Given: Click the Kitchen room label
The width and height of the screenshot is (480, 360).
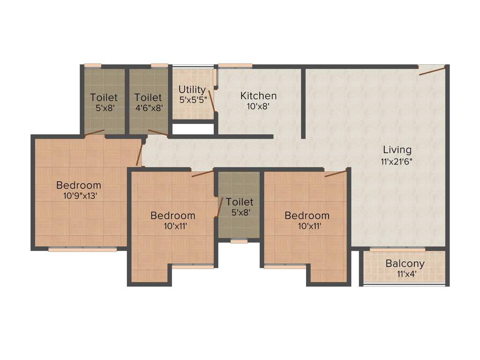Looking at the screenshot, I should [258, 96].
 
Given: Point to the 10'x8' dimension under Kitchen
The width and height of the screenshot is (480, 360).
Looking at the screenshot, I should [258, 106].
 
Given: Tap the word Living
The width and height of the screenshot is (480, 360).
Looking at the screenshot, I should [397, 150].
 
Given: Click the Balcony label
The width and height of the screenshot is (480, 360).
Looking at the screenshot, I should [405, 264].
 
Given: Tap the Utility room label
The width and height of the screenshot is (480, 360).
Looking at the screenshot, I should [192, 90].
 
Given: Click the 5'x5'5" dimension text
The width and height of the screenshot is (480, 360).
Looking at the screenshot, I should [193, 100].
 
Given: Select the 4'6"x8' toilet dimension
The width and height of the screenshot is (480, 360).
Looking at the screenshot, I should [148, 108].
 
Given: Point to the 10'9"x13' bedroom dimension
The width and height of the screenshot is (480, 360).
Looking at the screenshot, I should [79, 196].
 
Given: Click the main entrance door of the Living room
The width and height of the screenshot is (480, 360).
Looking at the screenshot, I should [432, 71].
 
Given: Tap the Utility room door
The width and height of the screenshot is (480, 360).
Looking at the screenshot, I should [212, 101].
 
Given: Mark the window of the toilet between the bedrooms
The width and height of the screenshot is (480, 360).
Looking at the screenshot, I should [239, 241].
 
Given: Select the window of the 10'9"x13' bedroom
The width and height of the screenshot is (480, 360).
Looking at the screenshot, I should [82, 249].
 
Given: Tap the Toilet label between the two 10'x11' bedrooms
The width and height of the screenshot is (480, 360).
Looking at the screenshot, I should [239, 202].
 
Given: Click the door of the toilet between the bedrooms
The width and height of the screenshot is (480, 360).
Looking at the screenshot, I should [220, 207].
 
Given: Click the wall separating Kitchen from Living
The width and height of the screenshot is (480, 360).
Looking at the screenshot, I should [304, 103].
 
